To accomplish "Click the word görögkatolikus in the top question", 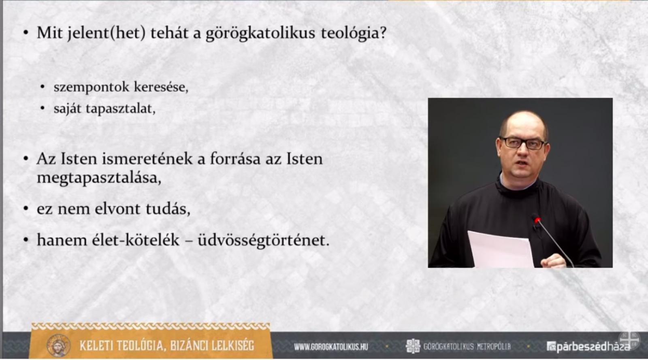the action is (x=260, y=33).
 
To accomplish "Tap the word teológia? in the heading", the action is (x=354, y=33).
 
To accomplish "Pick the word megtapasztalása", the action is (x=99, y=178).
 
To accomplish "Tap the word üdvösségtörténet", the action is (x=263, y=241).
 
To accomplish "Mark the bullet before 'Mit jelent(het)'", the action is (x=26, y=33).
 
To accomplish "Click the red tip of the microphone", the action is (x=537, y=221).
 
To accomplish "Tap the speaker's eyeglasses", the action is (x=523, y=143).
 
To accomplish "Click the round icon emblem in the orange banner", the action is (x=58, y=345).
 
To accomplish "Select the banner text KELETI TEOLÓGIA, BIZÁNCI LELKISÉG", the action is (x=167, y=346).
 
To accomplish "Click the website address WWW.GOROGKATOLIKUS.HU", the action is (x=331, y=347).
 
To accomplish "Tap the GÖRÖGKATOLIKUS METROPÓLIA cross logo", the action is (x=413, y=346).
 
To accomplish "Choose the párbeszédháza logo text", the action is (x=588, y=347).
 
